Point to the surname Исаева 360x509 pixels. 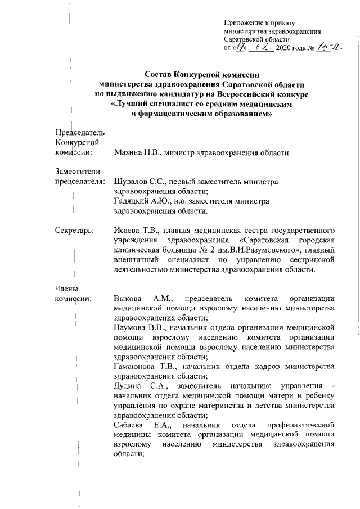pyautogui.click(x=125, y=230)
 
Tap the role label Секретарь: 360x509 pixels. pyautogui.click(x=74, y=230)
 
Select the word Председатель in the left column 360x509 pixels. pyautogui.click(x=79, y=132)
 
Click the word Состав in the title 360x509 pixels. pyautogui.click(x=159, y=74)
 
